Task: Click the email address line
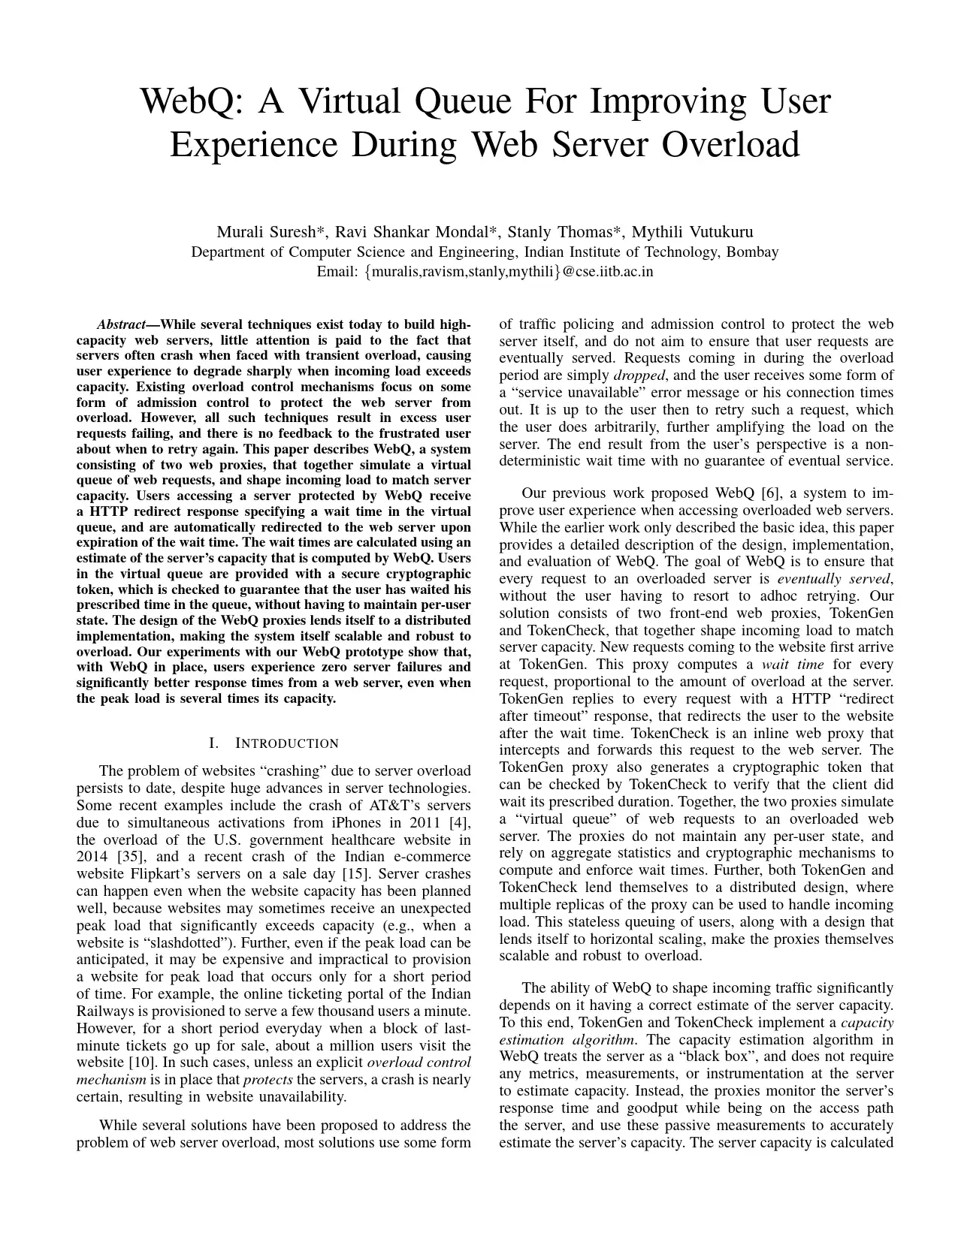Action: point(485,272)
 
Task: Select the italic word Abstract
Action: point(121,325)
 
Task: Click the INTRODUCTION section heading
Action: point(286,744)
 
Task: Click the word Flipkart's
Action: point(159,874)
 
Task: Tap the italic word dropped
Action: point(639,375)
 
